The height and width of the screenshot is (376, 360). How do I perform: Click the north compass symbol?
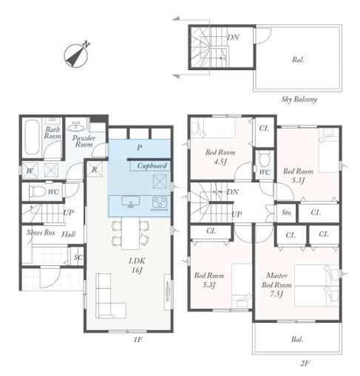coord(76,55)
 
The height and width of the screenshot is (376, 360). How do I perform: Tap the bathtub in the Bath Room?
coord(33,137)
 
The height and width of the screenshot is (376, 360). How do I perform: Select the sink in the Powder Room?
coord(76,126)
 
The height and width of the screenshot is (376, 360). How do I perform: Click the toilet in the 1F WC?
coord(38,191)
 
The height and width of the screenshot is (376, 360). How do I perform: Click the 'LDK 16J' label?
coord(137,265)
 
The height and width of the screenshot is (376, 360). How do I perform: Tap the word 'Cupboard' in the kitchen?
coord(152,165)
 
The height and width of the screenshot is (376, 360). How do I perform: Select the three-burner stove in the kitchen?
coord(160,203)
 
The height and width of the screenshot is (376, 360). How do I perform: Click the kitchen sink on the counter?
coord(131,202)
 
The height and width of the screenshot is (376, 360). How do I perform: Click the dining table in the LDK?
coord(131,233)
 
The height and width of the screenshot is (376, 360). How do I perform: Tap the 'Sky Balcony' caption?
coord(299,100)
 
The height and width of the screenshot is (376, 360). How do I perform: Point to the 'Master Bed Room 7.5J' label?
coord(276,284)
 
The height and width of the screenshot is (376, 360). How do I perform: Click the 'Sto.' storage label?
coord(287,212)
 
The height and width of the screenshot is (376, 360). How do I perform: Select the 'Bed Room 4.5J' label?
coord(220,157)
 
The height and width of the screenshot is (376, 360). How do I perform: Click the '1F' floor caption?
coord(138,340)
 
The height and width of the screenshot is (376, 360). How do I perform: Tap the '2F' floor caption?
coord(305,363)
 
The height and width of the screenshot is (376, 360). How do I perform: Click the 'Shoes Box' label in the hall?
coord(41,233)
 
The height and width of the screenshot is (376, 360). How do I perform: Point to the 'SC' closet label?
coord(78,258)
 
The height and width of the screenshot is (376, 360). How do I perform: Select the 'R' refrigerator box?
coord(95,169)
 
